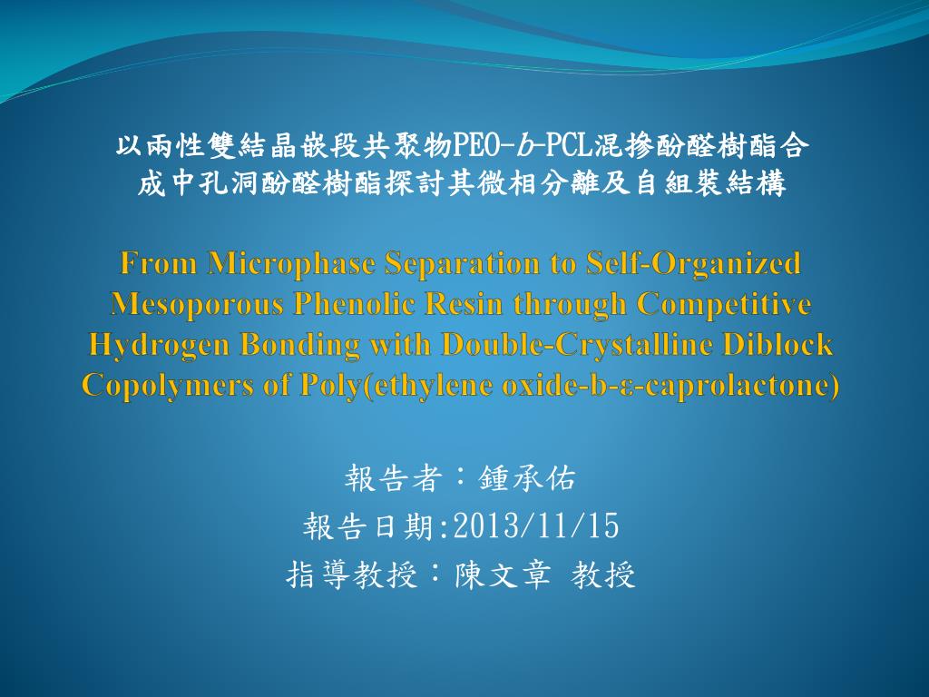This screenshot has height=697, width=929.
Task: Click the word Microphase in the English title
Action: pyautogui.click(x=290, y=264)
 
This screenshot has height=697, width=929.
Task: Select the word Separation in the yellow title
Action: pyautogui.click(x=462, y=264)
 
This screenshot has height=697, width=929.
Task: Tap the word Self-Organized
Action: pyautogui.click(x=693, y=264)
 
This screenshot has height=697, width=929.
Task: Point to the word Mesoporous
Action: pyautogui.click(x=197, y=305)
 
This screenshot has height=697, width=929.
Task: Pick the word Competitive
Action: pyautogui.click(x=724, y=305)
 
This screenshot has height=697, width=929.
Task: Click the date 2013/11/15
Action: pyautogui.click(x=536, y=525)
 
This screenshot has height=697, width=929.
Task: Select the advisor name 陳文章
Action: pyautogui.click(x=503, y=574)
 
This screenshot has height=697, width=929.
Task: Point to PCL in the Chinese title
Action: pyautogui.click(x=568, y=145)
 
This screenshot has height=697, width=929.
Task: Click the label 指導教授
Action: pyautogui.click(x=352, y=574)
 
